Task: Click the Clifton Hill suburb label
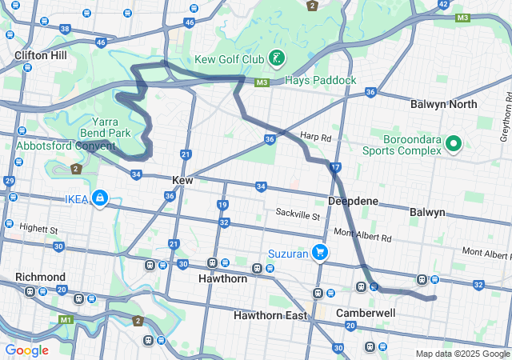point(40,56)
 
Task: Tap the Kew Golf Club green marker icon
point(276,58)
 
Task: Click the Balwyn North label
point(443,105)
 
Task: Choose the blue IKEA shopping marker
point(99,198)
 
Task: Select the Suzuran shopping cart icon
point(320,252)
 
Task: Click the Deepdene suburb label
point(353,202)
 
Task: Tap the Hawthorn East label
point(271,315)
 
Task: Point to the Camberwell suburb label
point(366,312)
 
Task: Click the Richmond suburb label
point(40,277)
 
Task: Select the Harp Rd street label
point(315,137)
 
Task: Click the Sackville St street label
point(298,216)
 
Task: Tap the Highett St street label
point(39,230)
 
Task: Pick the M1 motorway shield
point(66,319)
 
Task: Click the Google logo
point(26,350)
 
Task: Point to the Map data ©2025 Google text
point(462,354)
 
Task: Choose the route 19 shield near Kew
point(222,206)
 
